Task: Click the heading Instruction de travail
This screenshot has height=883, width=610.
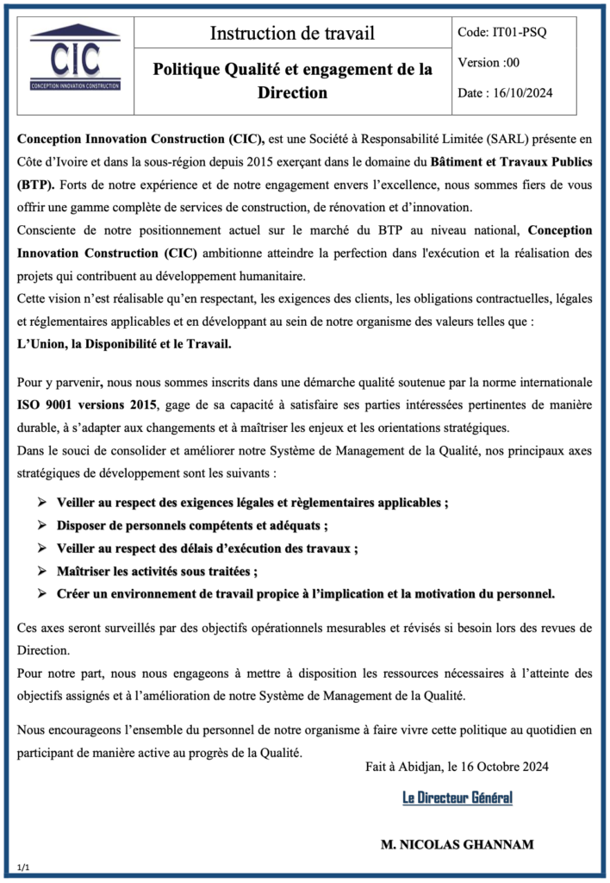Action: [292, 34]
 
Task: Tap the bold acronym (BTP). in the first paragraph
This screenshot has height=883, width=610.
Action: [37, 184]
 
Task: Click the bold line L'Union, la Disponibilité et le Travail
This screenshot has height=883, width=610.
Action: [125, 343]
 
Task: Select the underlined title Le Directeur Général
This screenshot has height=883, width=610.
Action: [457, 798]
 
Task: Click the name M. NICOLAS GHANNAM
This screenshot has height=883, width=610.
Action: [457, 844]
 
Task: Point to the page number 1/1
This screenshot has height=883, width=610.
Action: [23, 866]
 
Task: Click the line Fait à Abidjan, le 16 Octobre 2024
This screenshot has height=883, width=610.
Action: [457, 766]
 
